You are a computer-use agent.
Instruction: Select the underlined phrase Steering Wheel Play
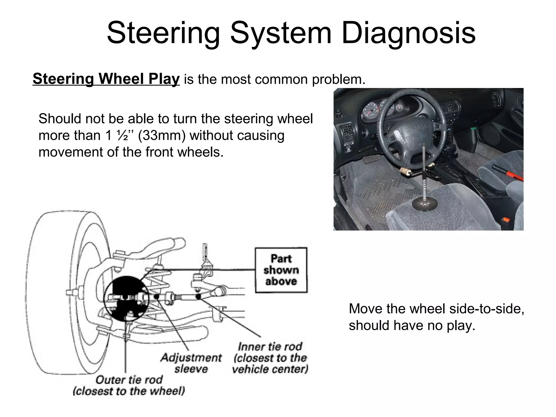tap(106, 79)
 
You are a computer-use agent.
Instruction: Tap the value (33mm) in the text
tap(162, 135)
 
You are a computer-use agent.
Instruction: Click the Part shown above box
tap(281, 270)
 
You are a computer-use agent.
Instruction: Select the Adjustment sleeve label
tap(191, 363)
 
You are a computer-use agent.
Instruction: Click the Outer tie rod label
tap(129, 385)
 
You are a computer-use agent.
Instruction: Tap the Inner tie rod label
tap(270, 358)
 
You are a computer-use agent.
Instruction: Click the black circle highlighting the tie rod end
tap(126, 299)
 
